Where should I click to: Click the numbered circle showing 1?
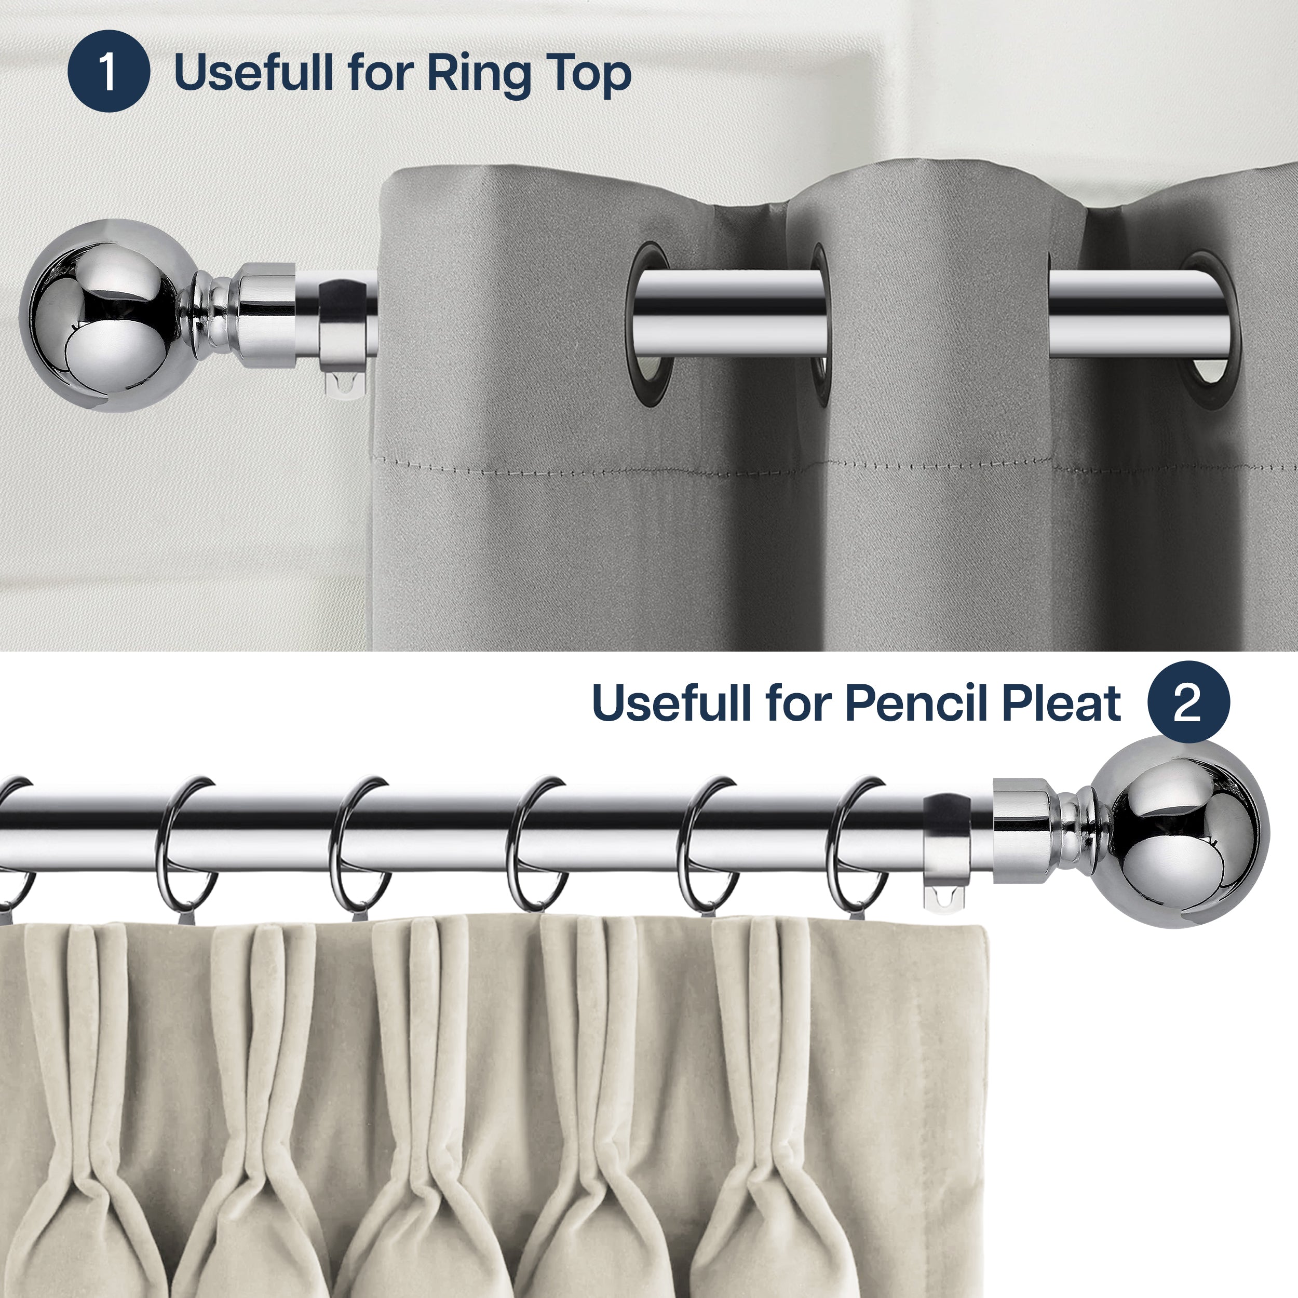108,71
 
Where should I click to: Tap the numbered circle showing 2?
1188,702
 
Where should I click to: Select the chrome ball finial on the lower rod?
1179,833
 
